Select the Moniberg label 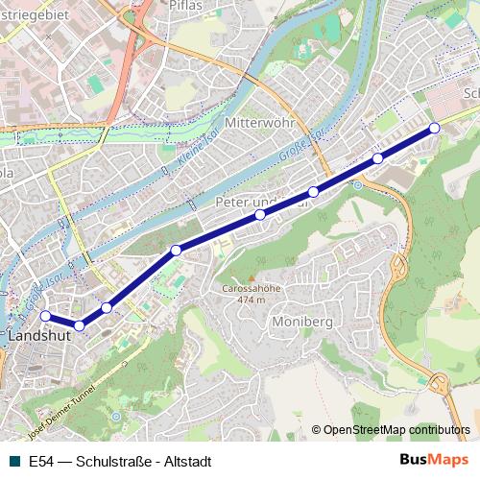point(301,320)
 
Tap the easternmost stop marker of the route point(434,128)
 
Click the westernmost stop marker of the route point(44,316)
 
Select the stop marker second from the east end point(378,157)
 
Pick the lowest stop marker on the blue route point(80,326)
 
